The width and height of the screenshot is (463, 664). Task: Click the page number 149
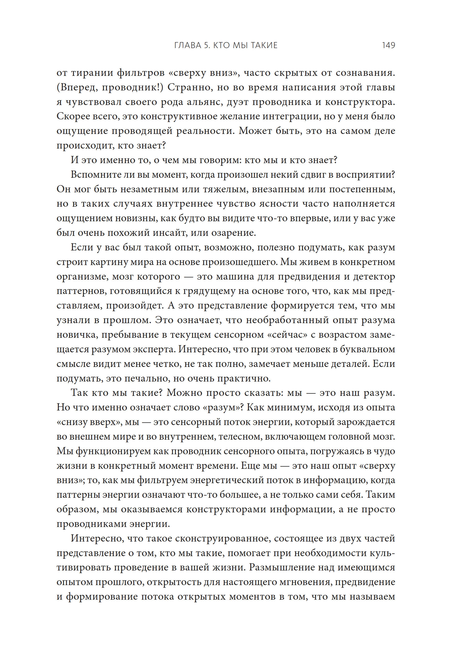[x=388, y=45]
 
